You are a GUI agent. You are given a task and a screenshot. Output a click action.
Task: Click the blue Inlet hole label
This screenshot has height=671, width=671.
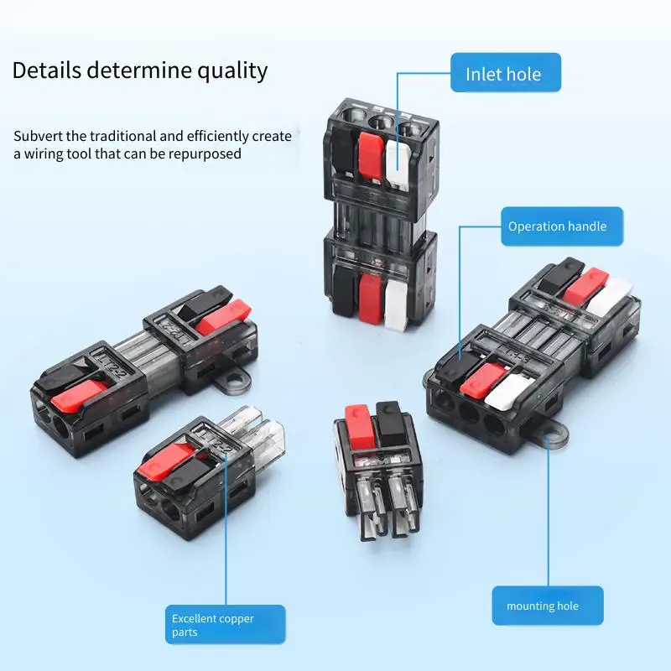pyautogui.click(x=503, y=74)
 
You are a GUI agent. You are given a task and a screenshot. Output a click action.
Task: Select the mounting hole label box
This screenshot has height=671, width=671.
pyautogui.click(x=548, y=606)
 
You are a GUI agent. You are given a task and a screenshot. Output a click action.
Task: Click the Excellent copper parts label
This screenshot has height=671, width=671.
pyautogui.click(x=225, y=625)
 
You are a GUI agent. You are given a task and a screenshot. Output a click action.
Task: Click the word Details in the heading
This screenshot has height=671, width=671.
pyautogui.click(x=45, y=70)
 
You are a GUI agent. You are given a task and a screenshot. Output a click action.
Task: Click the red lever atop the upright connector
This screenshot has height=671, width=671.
pyautogui.click(x=370, y=157)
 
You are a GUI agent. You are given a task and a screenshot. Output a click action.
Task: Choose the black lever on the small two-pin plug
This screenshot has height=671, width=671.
pyautogui.click(x=388, y=421)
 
